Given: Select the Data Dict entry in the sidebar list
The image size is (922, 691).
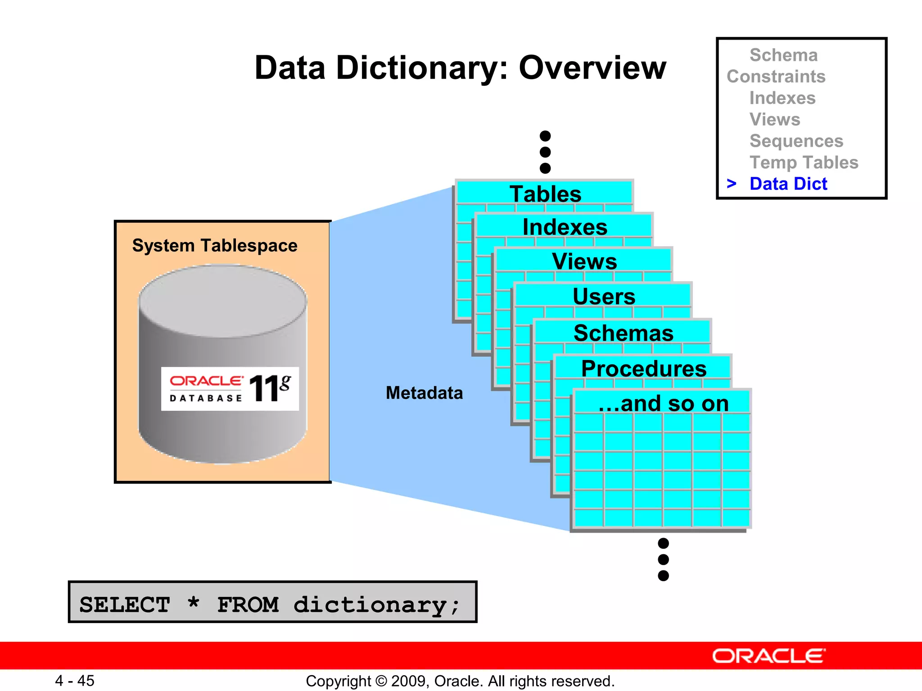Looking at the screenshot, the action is [788, 184].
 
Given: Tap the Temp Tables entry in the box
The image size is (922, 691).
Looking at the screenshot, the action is [804, 162].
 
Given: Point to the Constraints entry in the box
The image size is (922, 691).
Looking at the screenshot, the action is [776, 76].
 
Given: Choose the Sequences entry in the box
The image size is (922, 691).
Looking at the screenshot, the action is [796, 141].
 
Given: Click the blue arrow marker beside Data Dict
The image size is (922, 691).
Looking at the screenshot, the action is [732, 184].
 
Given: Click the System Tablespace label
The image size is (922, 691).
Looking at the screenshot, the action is [215, 246].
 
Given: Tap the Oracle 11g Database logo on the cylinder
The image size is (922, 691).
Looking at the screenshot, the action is [230, 389].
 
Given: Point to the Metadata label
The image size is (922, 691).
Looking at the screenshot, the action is [424, 393].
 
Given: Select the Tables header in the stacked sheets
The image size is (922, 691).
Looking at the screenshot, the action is [545, 194].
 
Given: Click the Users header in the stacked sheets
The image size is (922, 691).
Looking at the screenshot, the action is [604, 296].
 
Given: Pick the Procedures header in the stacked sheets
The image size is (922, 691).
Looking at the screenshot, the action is [644, 369].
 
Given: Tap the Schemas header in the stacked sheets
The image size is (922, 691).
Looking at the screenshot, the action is [624, 333].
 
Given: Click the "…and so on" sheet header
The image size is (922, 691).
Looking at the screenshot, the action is [663, 404].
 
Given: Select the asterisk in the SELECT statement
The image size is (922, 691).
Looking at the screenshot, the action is [194, 602].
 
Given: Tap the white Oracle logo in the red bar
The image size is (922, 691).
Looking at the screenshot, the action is [768, 656].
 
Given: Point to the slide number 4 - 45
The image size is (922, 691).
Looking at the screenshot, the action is [75, 681].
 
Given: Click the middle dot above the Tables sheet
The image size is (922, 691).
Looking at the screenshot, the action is [545, 152].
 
